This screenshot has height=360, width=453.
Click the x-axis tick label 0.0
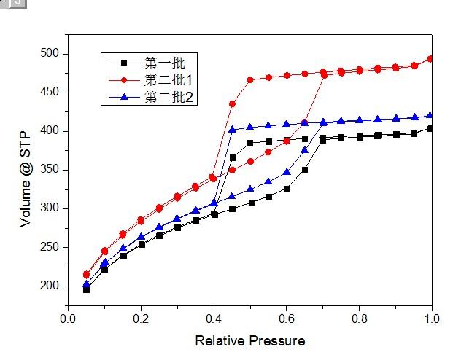click(x=68, y=318)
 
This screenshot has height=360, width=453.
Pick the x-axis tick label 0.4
click(x=214, y=318)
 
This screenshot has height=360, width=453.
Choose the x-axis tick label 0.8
click(x=360, y=318)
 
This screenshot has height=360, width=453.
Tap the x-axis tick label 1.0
click(x=432, y=318)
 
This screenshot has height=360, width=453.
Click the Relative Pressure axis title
click(x=249, y=340)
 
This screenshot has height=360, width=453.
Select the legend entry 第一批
click(x=160, y=62)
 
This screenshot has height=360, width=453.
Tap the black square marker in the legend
click(x=124, y=63)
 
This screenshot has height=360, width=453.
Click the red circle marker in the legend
click(x=124, y=79)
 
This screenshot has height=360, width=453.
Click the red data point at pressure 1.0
click(x=430, y=58)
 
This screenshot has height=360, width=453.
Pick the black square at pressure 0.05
click(x=86, y=289)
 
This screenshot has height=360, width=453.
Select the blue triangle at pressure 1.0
click(x=430, y=115)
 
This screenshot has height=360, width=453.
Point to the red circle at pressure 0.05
click(x=86, y=274)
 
